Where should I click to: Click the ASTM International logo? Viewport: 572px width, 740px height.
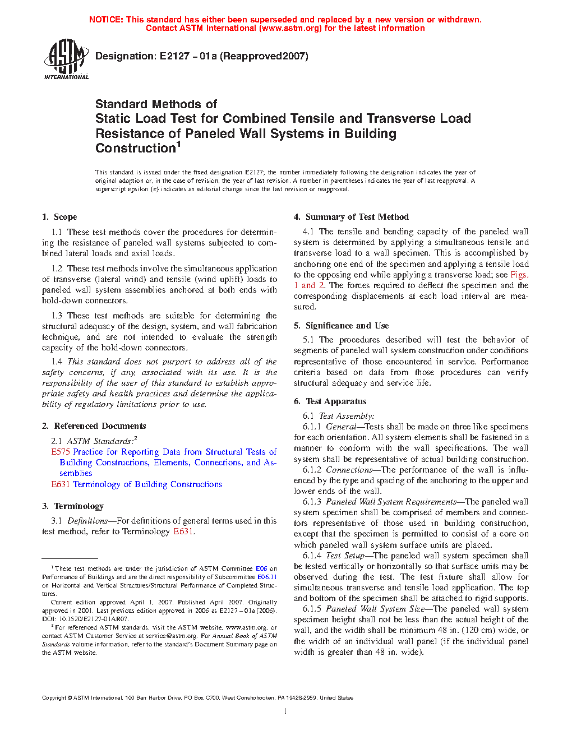tap(66, 58)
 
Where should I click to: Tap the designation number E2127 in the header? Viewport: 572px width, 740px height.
tap(174, 56)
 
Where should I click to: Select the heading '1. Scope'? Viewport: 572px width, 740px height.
tap(59, 217)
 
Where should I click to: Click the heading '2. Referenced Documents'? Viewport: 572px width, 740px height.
tap(94, 426)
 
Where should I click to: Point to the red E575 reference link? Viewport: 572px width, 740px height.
tap(61, 452)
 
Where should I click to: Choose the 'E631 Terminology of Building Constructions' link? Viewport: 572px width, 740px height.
tap(137, 484)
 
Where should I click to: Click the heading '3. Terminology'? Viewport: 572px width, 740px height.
tap(73, 506)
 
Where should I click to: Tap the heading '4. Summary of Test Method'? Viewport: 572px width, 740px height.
tap(352, 217)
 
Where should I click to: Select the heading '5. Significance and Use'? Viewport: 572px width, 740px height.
tap(342, 326)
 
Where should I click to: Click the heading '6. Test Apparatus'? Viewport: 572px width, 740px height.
tap(330, 401)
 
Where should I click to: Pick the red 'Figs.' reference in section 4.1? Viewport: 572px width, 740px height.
tap(519, 275)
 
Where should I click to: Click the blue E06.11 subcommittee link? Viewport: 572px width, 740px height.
tap(267, 577)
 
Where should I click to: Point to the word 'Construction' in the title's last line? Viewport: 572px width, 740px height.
tap(136, 149)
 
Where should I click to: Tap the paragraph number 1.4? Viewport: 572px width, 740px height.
tap(57, 362)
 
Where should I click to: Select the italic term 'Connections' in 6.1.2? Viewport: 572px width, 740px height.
tap(349, 470)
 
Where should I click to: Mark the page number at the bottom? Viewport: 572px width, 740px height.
tap(285, 711)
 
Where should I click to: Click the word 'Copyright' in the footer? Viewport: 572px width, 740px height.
tap(54, 698)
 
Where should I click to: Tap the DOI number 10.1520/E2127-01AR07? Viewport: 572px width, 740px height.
tap(93, 619)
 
